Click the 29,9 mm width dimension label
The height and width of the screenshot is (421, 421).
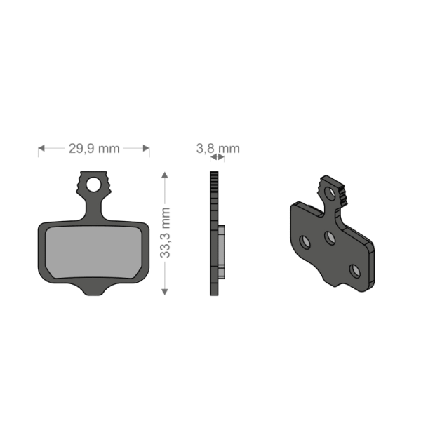click(94, 148)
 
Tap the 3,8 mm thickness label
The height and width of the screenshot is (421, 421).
click(218, 148)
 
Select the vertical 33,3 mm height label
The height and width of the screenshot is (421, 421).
click(166, 232)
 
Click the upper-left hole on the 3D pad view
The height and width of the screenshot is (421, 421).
click(305, 242)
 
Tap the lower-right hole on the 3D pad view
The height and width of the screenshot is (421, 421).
click(355, 268)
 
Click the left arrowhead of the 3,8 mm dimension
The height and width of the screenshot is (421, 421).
click(211, 158)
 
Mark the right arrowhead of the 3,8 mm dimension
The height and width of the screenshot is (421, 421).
click(222, 158)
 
